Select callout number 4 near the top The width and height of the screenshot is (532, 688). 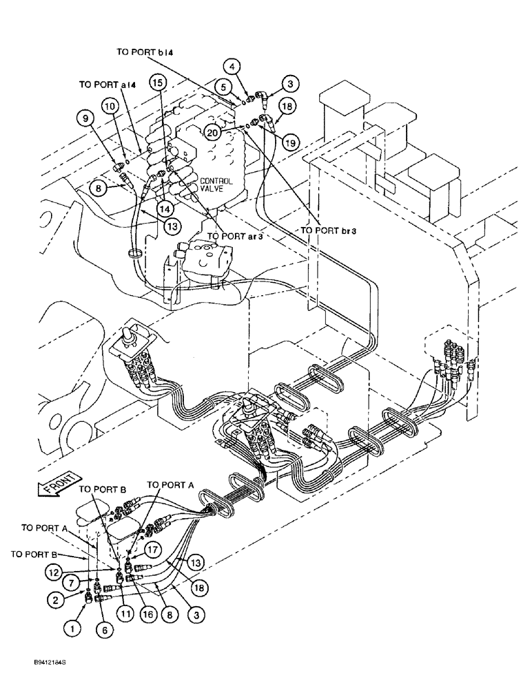coord(234,67)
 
